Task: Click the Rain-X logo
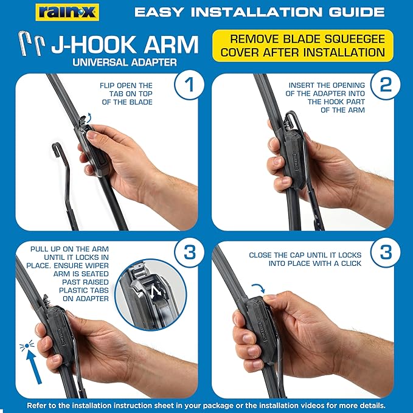[x=67, y=12]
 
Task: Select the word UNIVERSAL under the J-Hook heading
[x=100, y=63]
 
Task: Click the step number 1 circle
[x=189, y=85]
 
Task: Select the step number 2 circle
[x=386, y=85]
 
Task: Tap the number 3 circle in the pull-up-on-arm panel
[x=189, y=252]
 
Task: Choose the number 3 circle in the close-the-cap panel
[x=386, y=252]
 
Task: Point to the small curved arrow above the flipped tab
[x=89, y=117]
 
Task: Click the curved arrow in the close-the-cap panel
[x=259, y=287]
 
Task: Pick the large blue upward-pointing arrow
[x=35, y=367]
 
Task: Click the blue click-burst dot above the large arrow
[x=27, y=345]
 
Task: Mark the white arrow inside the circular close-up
[x=155, y=292]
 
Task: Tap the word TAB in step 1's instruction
[x=116, y=94]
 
